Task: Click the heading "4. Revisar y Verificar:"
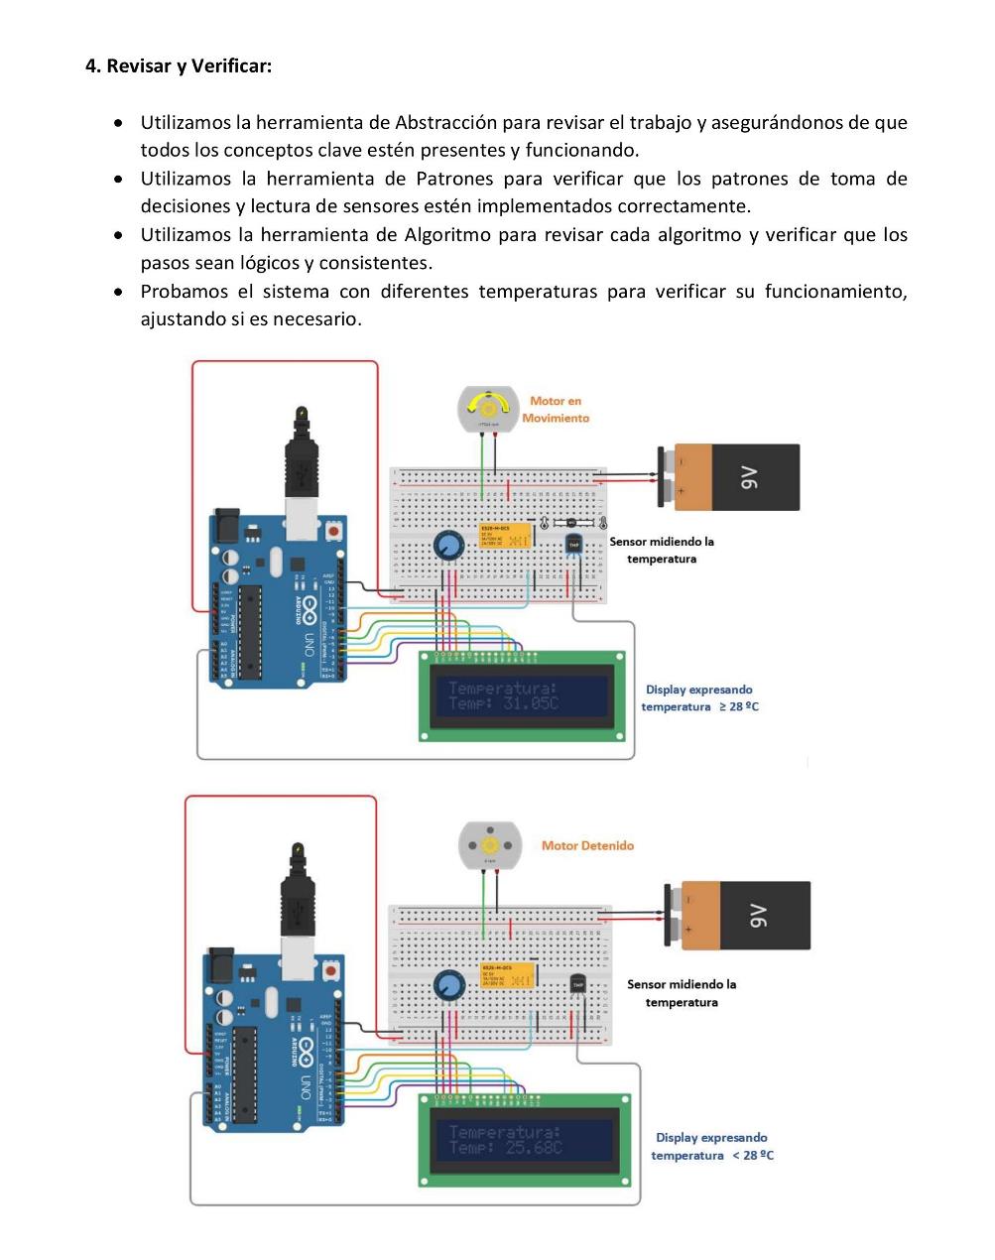pos(179,66)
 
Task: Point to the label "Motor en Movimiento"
pos(556,410)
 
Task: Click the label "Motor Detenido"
pos(587,846)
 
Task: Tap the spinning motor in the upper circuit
pos(487,409)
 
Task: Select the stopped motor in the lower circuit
pos(489,844)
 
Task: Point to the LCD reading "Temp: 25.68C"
pos(506,1147)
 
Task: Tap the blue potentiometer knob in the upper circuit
pos(448,545)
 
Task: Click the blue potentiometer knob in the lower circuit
pos(448,985)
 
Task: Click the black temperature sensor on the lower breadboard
pos(578,983)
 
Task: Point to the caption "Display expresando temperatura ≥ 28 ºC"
pos(699,698)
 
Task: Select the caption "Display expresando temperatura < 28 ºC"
pos(711,1147)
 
